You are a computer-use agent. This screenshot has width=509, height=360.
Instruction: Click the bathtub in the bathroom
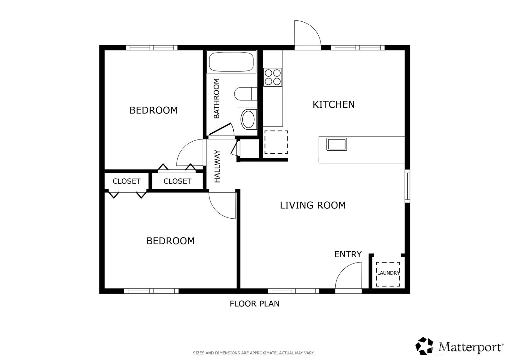[231, 62]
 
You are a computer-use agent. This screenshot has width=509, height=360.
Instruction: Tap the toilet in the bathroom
[246, 94]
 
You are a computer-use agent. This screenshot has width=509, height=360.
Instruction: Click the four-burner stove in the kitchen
[273, 77]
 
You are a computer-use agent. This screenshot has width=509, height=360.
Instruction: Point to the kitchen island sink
[337, 144]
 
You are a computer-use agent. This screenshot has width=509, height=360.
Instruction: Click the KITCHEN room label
[333, 105]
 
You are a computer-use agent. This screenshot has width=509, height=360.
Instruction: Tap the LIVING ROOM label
[313, 205]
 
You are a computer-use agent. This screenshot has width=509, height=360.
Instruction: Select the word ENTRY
[348, 254]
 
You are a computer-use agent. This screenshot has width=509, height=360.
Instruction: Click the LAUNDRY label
[388, 273]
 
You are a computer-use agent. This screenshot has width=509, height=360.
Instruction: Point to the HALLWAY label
[218, 166]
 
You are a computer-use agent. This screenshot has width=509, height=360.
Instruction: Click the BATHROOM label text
[217, 98]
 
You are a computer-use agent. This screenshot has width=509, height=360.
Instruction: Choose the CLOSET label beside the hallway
[177, 181]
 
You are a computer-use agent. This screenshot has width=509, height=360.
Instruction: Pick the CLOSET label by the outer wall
[127, 181]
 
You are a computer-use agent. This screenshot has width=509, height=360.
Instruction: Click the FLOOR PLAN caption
[255, 304]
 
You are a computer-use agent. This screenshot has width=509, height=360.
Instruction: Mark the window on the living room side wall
[407, 186]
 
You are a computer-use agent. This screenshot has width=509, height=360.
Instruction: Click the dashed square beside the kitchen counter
[276, 142]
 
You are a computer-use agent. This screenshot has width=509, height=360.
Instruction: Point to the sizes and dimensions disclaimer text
[254, 353]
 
